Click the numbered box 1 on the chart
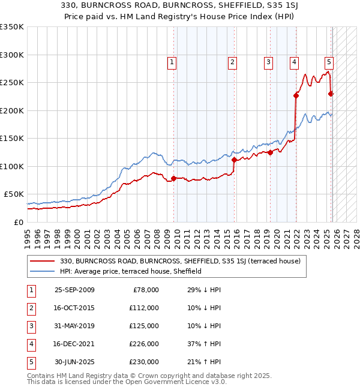click(x=172, y=61)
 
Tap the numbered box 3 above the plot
click(x=268, y=61)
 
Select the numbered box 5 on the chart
click(x=329, y=61)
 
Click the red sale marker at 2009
click(x=174, y=178)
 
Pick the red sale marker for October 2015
click(x=234, y=160)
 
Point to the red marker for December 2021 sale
click(x=296, y=95)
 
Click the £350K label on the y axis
click(x=12, y=27)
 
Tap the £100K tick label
click(x=12, y=166)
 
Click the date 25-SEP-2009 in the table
click(x=74, y=290)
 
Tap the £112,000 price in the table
click(x=144, y=308)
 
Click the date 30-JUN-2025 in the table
click(x=74, y=362)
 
